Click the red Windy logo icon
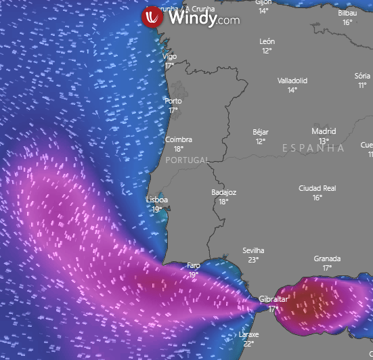[152, 17]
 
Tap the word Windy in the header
[192, 18]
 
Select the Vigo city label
[170, 57]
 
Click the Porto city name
[173, 102]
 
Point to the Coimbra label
[179, 139]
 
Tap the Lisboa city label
[157, 200]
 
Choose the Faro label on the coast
[194, 266]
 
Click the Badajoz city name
[223, 192]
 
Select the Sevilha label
[254, 251]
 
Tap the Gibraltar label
[273, 299]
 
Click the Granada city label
[327, 258]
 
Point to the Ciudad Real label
[317, 188]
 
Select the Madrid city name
[324, 131]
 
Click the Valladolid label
[292, 81]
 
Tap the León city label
[267, 41]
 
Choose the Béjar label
[261, 132]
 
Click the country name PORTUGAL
[186, 160]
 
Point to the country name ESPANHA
[313, 148]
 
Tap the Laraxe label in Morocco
[248, 334]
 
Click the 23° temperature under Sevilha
[254, 260]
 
